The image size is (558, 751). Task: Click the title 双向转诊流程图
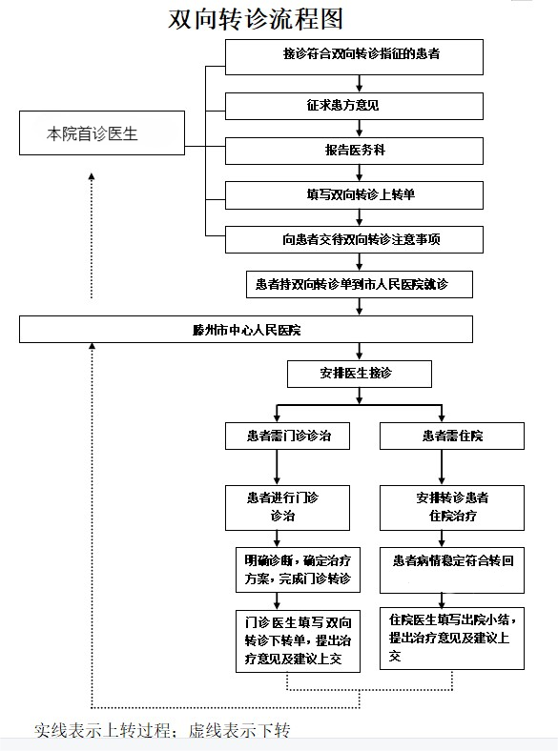256,20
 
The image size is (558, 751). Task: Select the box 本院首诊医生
102,133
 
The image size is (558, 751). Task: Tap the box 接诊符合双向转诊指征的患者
354,57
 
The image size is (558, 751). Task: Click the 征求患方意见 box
354,106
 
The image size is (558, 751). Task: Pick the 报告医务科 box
354,151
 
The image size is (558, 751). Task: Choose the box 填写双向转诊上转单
354,195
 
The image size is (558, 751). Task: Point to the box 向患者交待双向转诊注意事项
354,239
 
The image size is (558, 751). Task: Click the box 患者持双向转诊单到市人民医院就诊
360,285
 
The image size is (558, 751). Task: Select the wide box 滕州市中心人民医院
246,329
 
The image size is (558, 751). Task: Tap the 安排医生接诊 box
360,374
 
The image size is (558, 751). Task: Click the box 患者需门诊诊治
288,436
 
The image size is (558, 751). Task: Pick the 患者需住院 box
452,436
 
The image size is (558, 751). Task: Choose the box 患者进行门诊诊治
288,508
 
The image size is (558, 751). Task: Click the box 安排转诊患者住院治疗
452,508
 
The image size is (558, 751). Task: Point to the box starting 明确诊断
298,570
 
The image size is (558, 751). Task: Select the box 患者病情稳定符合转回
452,570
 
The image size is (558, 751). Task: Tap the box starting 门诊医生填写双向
298,640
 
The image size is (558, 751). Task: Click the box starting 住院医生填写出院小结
452,639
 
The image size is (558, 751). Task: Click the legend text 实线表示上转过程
103,731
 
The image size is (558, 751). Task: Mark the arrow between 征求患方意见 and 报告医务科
360,129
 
